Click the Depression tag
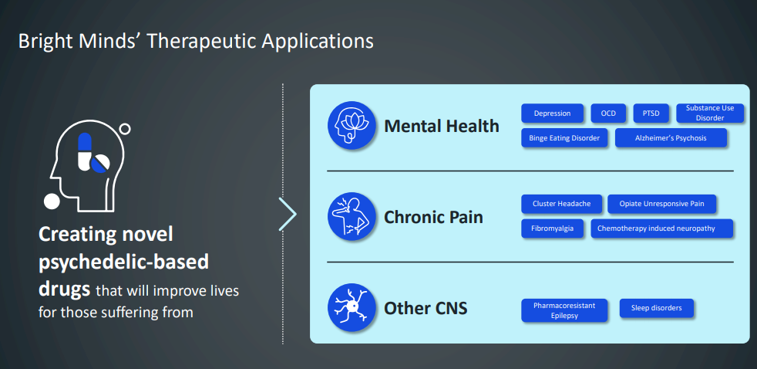552,113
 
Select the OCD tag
608,113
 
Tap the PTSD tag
651,113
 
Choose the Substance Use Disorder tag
710,113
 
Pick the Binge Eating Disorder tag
565,138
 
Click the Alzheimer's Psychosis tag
670,138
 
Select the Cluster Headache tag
561,204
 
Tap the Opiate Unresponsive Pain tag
662,204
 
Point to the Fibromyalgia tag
552,229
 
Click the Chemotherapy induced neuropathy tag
662,229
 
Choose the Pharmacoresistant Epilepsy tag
564,310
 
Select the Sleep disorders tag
656,309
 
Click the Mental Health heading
442,126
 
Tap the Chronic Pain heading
433,217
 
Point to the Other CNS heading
426,309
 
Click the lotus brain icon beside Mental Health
352,125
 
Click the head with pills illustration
86,168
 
